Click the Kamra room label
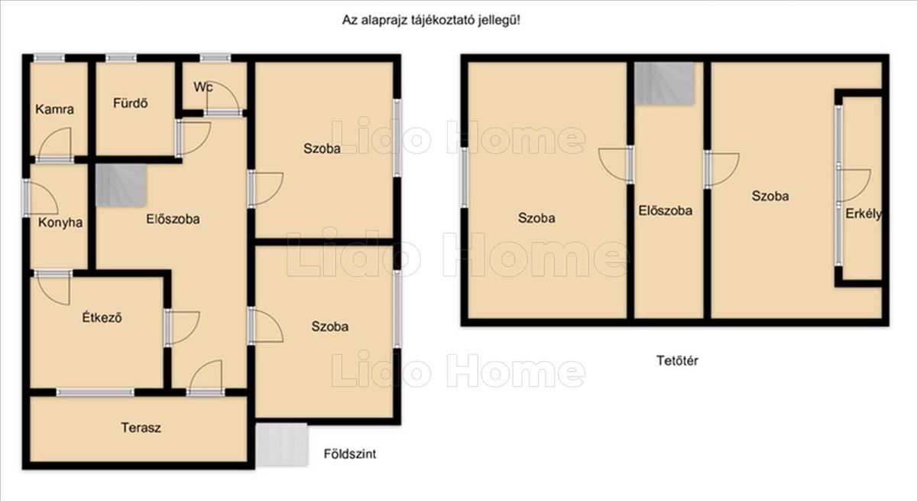[55, 109]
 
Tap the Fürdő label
[130, 102]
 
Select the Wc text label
[203, 87]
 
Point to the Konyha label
[60, 223]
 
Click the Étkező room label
[102, 317]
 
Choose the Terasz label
[141, 428]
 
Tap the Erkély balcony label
[864, 213]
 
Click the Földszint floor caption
[350, 454]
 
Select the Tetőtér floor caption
[677, 360]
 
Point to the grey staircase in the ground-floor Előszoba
[122, 185]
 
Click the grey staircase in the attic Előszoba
[665, 83]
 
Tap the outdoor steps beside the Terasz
[282, 444]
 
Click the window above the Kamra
[49, 58]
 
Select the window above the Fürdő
[122, 58]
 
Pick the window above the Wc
[215, 58]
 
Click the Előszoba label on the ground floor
[173, 220]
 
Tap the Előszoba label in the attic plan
[666, 210]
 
